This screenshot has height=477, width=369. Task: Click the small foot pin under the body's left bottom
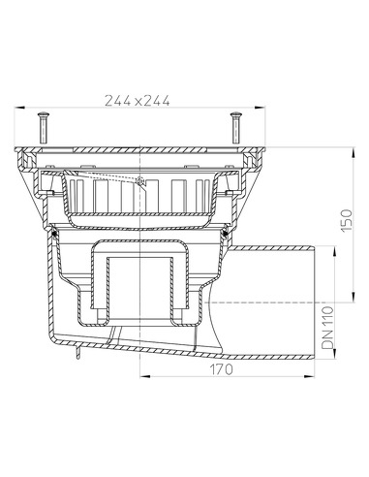pyautogui.click(x=73, y=360)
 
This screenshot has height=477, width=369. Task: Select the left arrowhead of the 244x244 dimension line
pyautogui.click(x=21, y=109)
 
